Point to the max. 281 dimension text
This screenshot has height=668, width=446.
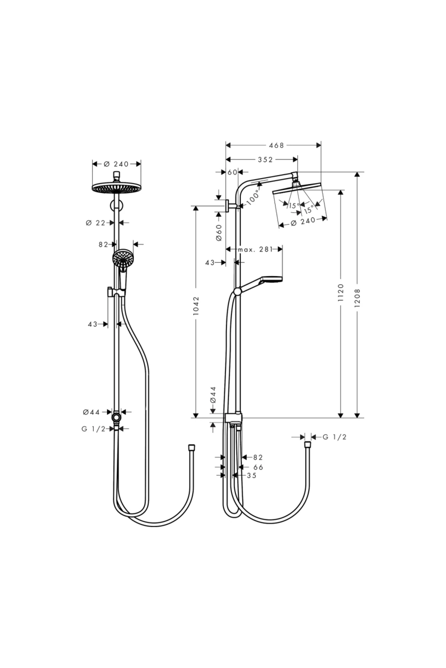tap(255, 249)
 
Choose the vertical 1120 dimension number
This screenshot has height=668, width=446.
tap(341, 293)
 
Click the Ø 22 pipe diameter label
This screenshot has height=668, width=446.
tap(96, 223)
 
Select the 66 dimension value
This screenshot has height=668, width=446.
tap(258, 467)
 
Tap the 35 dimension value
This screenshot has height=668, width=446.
tap(252, 475)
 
